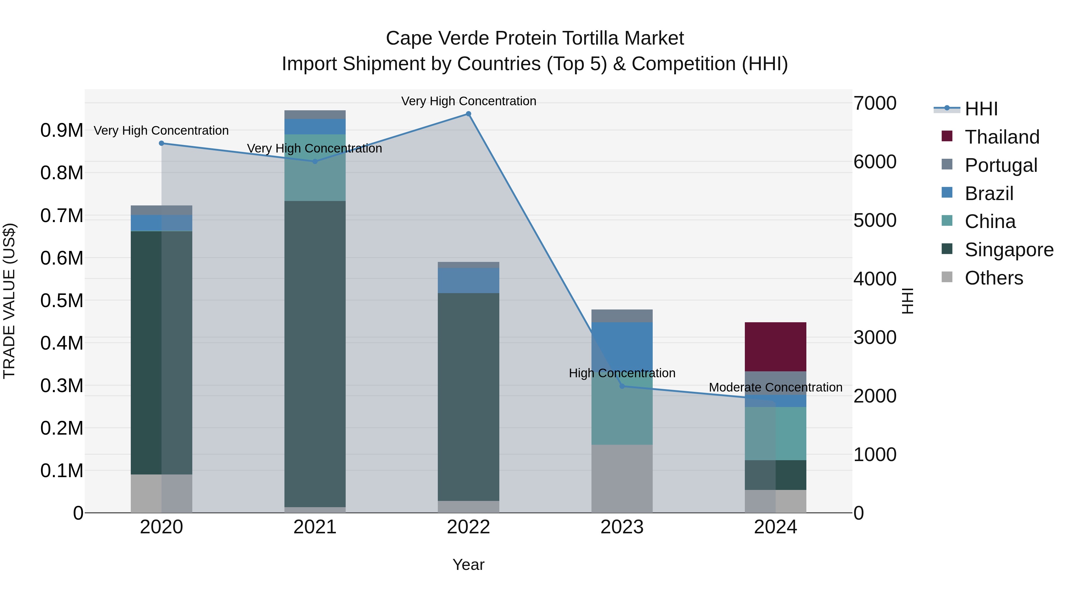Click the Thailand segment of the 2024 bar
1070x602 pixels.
coord(775,347)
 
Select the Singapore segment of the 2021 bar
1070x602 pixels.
coord(315,353)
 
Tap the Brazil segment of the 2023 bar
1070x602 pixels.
coord(622,345)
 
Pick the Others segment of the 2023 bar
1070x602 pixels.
coord(622,478)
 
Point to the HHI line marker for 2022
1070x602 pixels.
coord(468,114)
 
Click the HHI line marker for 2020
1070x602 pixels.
coord(162,143)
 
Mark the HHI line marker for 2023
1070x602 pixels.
coord(622,386)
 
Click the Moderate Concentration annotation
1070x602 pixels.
coord(775,387)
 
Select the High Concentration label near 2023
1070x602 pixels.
coord(622,373)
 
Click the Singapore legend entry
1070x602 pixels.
coord(1008,250)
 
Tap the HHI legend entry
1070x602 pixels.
coord(981,109)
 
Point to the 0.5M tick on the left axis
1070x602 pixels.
coord(62,300)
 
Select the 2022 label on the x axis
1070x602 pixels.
coord(468,527)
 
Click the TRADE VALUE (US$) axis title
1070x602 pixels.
coord(10,301)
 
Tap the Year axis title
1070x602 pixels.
coord(468,565)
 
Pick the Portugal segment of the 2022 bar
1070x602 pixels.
coord(468,265)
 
